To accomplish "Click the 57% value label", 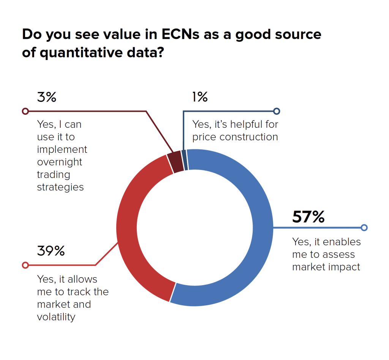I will click(x=308, y=217).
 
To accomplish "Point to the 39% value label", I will click(x=51, y=251).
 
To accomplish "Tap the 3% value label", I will click(x=46, y=97).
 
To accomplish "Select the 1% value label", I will click(x=200, y=97).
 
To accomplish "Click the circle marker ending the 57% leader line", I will click(x=364, y=228).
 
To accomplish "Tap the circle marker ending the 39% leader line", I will click(x=25, y=265).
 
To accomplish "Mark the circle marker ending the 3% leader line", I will click(x=25, y=111).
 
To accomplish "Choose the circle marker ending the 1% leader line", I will click(x=277, y=111).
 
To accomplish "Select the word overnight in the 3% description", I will click(x=60, y=162).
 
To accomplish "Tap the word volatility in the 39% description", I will click(x=56, y=317).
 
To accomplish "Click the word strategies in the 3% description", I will click(x=60, y=187).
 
